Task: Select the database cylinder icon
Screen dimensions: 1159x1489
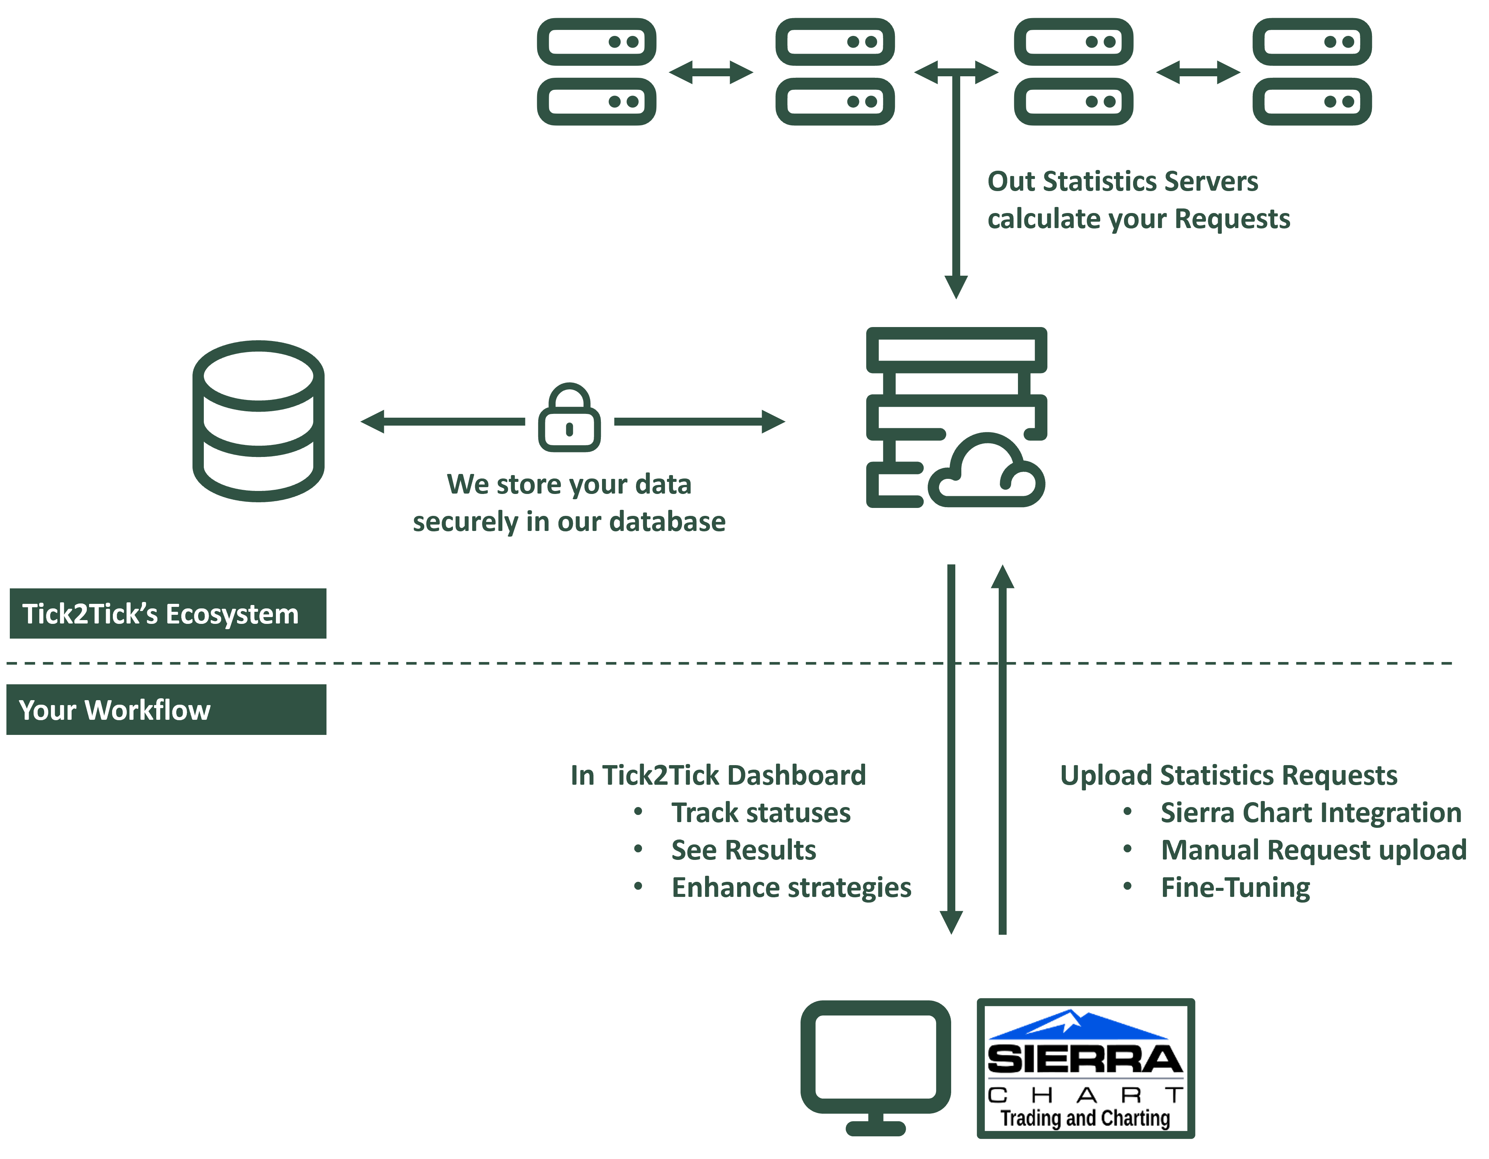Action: point(259,421)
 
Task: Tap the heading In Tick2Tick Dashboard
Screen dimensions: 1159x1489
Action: point(718,776)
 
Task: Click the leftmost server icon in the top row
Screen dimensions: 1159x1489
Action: point(597,72)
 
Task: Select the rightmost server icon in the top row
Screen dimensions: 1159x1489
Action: point(1312,72)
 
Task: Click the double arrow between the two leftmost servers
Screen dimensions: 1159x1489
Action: point(711,72)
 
